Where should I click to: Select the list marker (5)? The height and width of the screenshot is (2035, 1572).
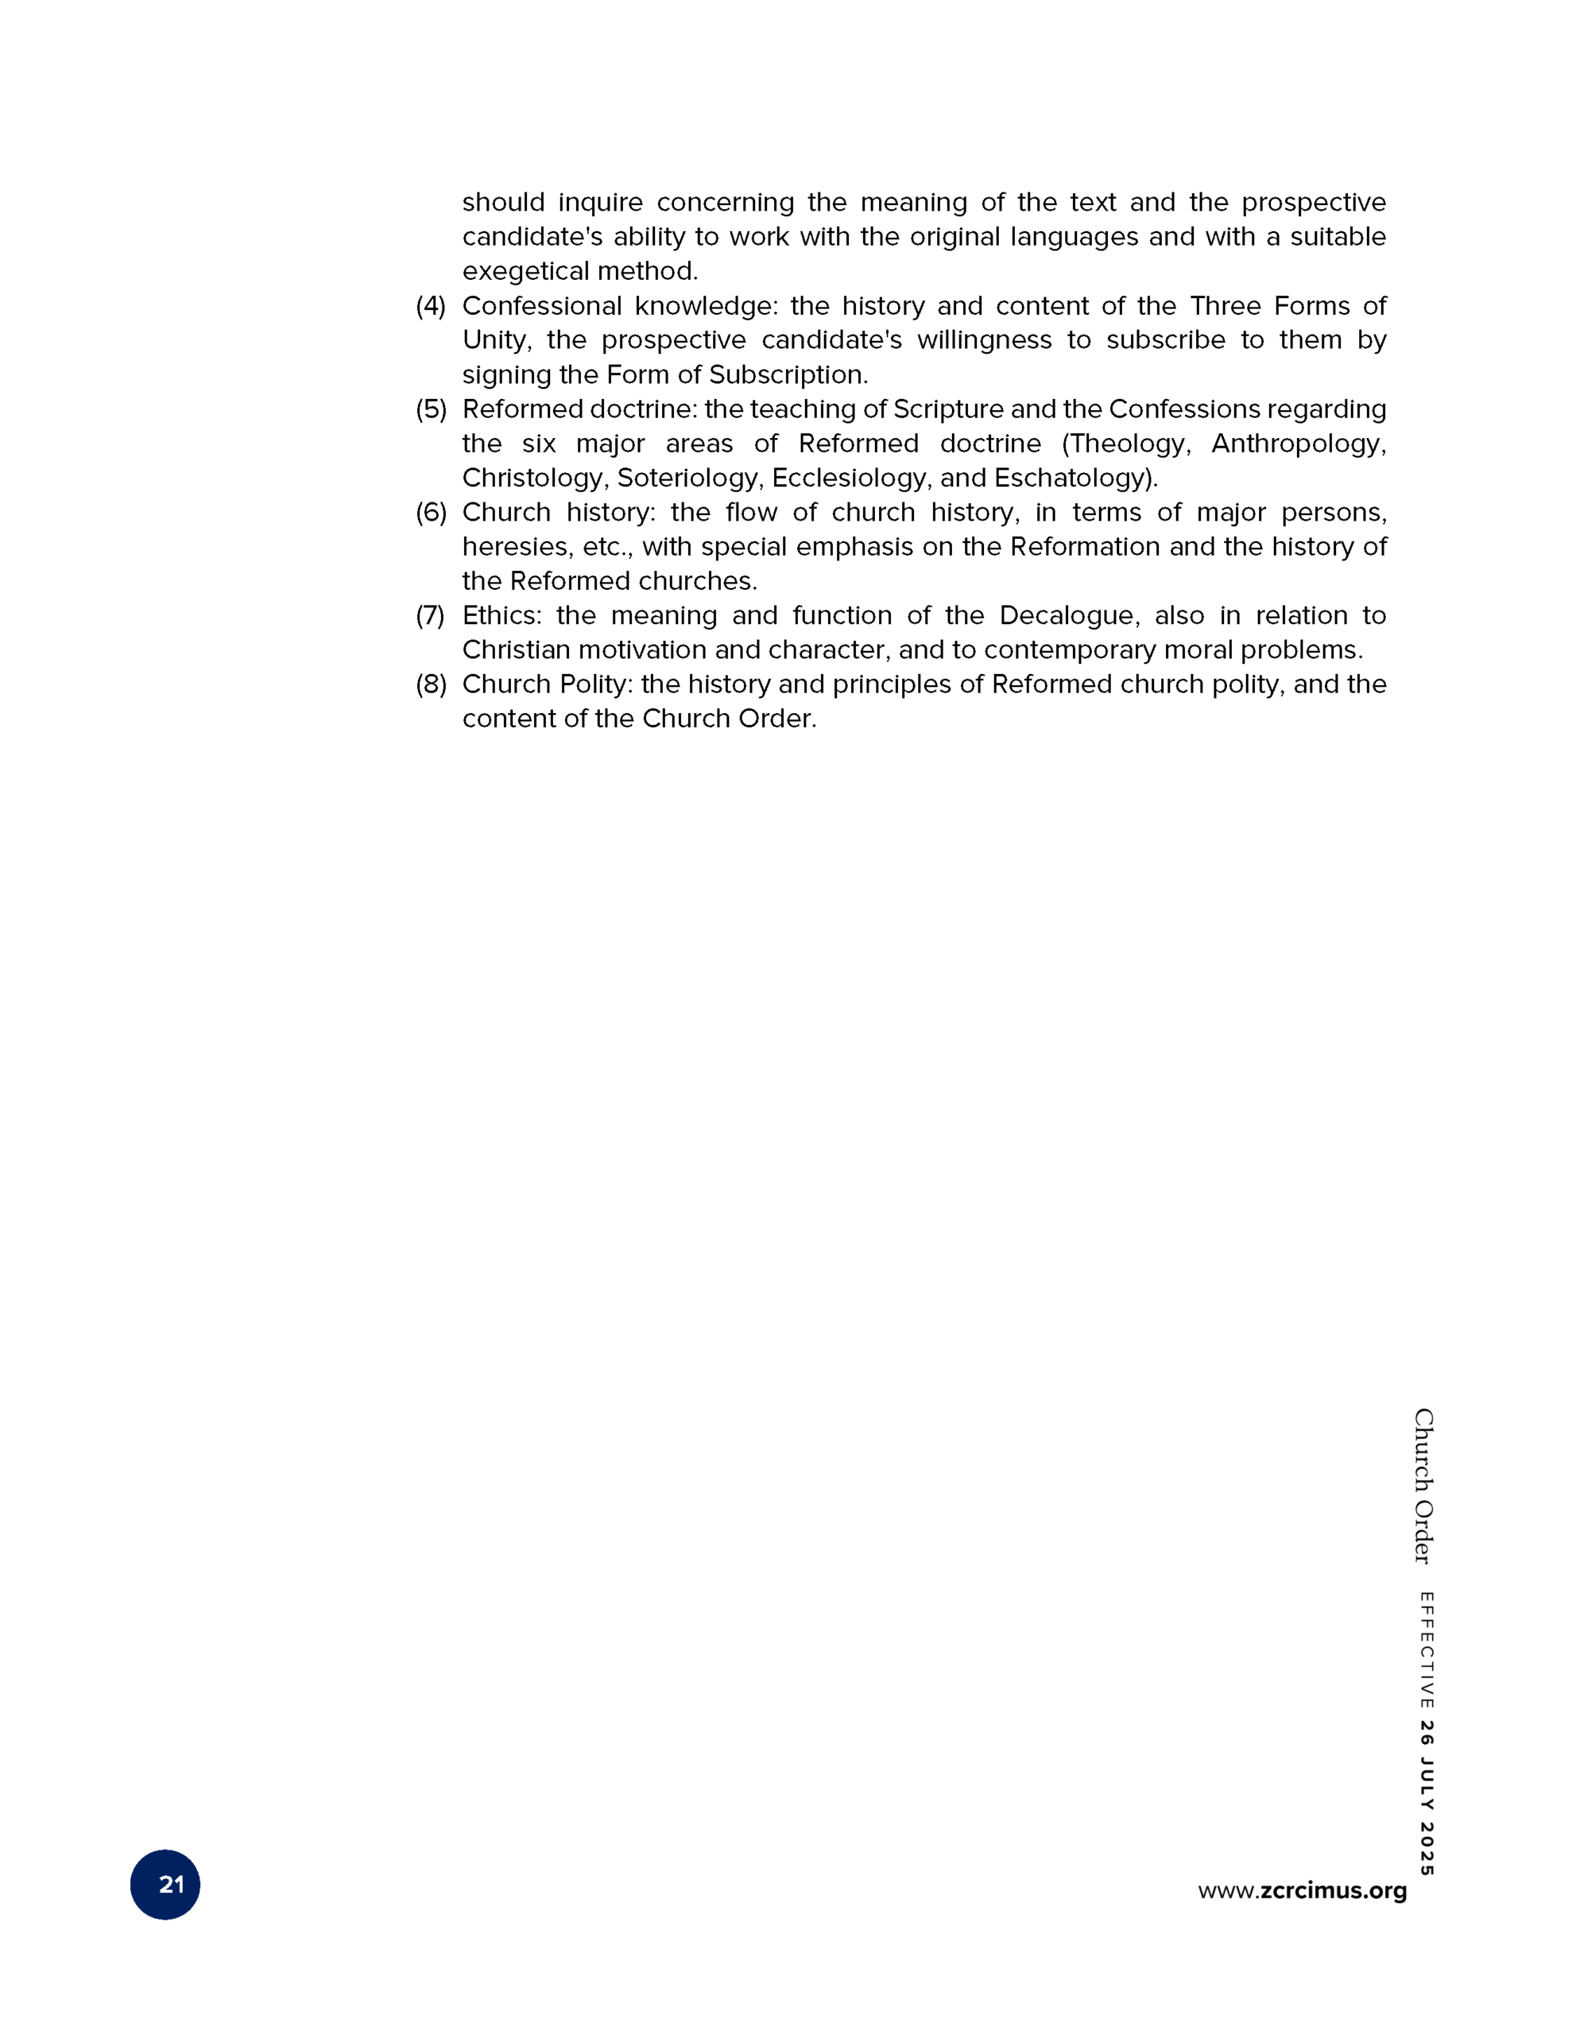coord(431,409)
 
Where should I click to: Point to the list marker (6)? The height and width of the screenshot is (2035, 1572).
coord(431,513)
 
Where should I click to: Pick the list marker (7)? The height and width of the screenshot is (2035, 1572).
coord(431,615)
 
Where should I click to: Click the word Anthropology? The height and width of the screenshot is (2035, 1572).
coord(1297,444)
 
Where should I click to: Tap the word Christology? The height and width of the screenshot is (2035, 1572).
coord(535,478)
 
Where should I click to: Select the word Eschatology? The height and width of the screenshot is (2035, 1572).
coord(1073,478)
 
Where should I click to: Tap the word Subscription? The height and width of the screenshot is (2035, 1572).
coord(788,374)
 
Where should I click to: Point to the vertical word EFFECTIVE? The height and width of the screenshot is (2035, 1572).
coord(1426,1650)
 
